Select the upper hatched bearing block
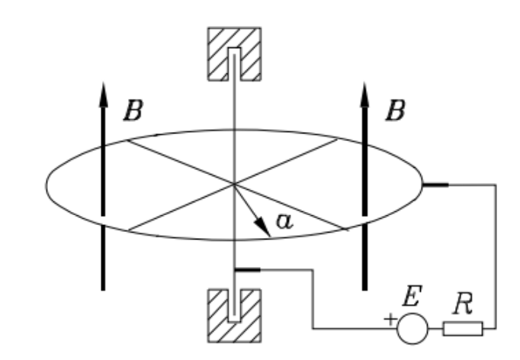[234, 55]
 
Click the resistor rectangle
[462, 329]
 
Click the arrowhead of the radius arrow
[265, 228]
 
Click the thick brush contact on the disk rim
[436, 184]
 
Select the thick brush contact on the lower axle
[249, 269]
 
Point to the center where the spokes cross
[233, 183]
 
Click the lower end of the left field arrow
[103, 288]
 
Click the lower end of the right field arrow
[364, 288]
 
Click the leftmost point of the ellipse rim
[45, 184]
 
